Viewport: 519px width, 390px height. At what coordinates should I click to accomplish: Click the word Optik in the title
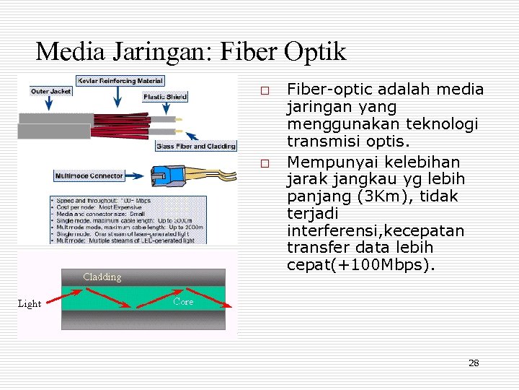pos(315,51)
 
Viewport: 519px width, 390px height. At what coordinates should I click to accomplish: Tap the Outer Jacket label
pos(50,91)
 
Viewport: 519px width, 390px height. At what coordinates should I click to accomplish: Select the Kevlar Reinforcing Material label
pos(120,80)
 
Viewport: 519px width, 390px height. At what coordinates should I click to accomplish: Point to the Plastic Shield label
pos(164,96)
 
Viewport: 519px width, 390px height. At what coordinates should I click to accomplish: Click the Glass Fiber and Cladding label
pos(196,146)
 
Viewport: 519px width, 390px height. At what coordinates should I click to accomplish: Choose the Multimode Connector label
pos(89,175)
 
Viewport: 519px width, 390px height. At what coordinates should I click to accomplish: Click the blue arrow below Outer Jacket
pos(48,104)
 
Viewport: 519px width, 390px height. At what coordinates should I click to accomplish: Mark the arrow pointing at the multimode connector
pos(136,175)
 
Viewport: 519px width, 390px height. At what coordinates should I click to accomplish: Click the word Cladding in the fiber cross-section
pos(102,277)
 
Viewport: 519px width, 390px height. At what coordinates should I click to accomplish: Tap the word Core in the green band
pos(183,302)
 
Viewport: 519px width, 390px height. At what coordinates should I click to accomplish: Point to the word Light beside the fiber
pos(30,304)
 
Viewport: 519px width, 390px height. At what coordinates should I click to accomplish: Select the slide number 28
pos(474,363)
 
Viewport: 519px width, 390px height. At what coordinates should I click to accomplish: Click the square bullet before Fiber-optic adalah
pos(265,92)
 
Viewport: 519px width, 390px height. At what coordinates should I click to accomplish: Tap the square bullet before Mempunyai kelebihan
pos(265,163)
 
